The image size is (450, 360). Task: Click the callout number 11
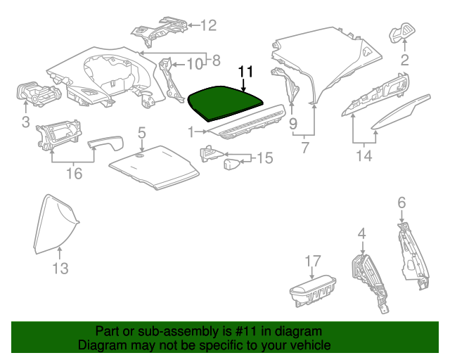click(245, 72)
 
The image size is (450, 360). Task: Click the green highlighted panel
click(224, 100)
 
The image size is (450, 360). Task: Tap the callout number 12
click(209, 26)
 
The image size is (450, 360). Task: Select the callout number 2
click(405, 60)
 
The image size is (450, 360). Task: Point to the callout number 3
click(26, 124)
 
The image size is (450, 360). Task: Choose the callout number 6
click(401, 202)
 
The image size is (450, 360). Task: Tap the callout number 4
click(361, 233)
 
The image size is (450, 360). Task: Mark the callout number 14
click(363, 155)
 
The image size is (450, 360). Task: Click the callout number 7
click(305, 148)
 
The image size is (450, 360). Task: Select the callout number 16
click(73, 173)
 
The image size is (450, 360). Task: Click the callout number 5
click(141, 131)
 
